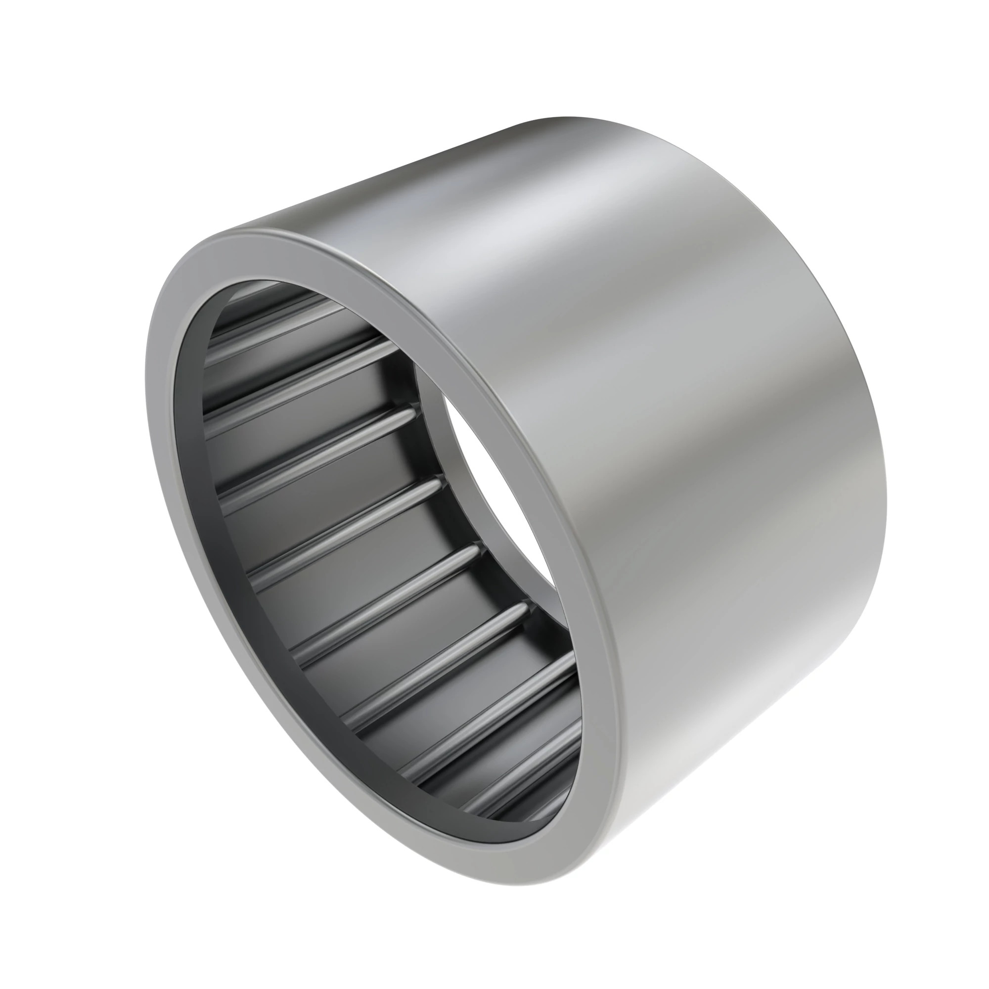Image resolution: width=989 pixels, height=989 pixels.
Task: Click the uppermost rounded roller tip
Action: (x=411, y=411)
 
